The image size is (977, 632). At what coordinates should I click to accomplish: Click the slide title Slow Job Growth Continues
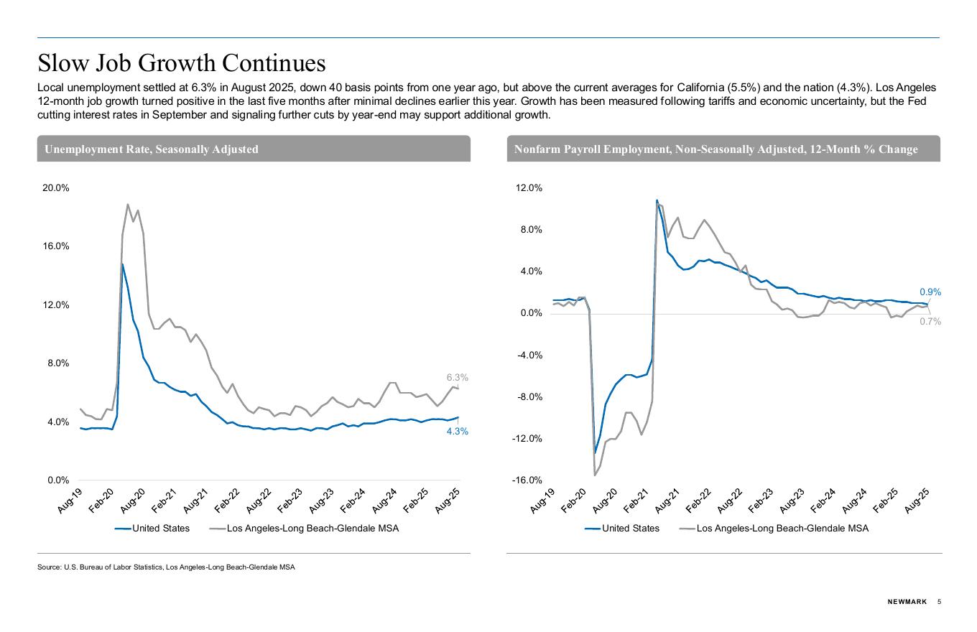(182, 63)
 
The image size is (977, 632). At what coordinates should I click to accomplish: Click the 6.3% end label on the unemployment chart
(457, 377)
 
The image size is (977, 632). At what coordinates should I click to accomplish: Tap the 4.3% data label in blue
(457, 432)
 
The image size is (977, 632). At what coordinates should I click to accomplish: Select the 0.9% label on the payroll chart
(930, 292)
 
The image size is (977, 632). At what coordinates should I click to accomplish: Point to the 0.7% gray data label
(930, 322)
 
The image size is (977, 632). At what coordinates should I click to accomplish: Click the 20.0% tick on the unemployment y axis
(56, 188)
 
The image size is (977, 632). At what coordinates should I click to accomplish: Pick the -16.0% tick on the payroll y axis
(527, 480)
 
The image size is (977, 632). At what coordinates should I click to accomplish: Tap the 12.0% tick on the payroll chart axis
(528, 188)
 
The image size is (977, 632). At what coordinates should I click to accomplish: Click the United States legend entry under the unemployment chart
(152, 529)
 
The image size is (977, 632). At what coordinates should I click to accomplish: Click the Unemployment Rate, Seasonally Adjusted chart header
(152, 149)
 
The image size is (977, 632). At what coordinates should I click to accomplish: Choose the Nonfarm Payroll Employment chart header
(716, 149)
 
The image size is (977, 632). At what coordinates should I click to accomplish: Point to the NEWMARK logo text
(907, 602)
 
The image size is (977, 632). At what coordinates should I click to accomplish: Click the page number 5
(939, 602)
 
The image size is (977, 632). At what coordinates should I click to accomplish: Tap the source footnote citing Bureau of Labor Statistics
(166, 567)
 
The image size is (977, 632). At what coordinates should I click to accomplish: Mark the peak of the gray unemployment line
(128, 205)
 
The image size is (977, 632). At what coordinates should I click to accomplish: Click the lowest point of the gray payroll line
(595, 475)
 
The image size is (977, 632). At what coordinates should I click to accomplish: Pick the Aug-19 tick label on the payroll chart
(544, 500)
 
